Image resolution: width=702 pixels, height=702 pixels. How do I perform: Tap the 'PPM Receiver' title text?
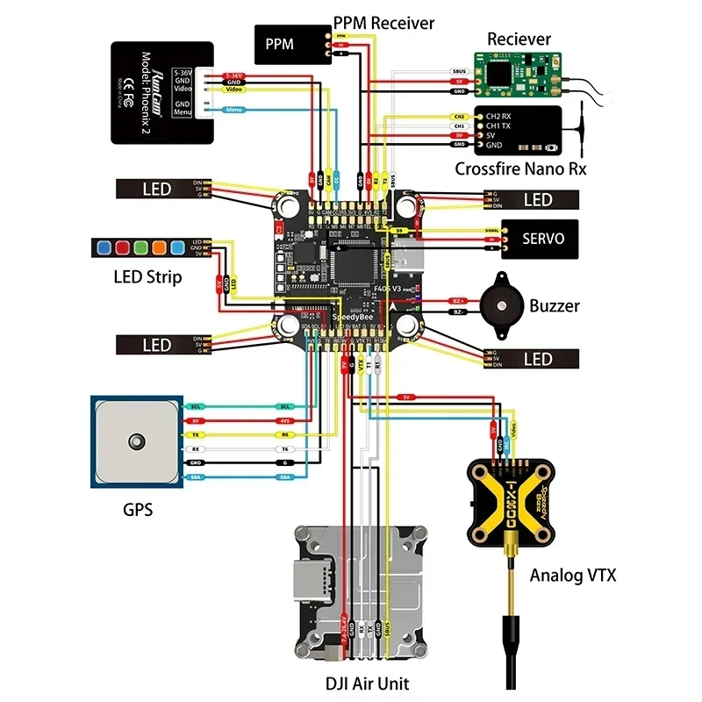[x=383, y=23]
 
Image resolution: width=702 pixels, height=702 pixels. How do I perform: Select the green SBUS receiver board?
[x=518, y=73]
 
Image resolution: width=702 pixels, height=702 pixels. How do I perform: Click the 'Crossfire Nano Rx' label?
[x=520, y=168]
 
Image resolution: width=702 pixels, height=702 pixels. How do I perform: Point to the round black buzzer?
[x=498, y=306]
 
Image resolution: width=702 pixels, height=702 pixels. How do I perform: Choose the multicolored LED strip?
[x=139, y=247]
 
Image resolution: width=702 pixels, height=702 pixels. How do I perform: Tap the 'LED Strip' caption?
[x=147, y=277]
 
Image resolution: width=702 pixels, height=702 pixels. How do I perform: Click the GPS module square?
[x=136, y=441]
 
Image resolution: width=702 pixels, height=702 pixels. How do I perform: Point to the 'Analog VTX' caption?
[x=573, y=576]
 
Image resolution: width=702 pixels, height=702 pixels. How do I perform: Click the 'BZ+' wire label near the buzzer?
[x=457, y=300]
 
